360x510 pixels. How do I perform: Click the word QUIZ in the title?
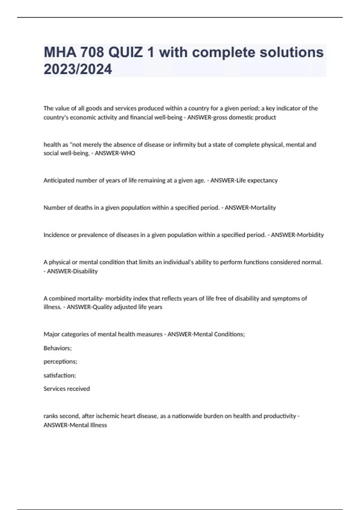[125, 52]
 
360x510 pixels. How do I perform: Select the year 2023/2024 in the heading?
[78, 69]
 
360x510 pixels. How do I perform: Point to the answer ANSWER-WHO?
[115, 153]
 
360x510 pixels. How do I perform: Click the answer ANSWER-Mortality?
[250, 208]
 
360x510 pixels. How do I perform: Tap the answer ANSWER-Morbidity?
[297, 235]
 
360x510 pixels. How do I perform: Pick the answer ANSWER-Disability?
[72, 271]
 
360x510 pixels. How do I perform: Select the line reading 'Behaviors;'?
[58, 348]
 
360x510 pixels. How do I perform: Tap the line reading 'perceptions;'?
[60, 361]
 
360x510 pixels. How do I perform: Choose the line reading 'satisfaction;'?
[60, 375]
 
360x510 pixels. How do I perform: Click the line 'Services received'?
[67, 389]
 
